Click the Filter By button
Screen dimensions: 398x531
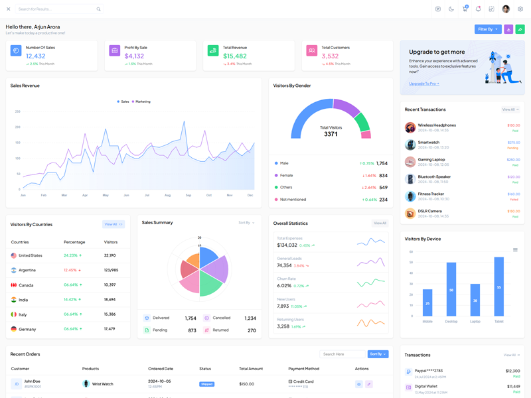488,29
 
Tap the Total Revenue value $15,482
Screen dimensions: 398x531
235,56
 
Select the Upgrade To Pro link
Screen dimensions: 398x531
424,84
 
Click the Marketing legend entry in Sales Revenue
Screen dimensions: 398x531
141,101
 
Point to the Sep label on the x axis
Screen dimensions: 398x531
189,195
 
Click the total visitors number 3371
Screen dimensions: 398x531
331,134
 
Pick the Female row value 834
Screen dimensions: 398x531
383,176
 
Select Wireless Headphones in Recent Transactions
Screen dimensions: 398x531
437,125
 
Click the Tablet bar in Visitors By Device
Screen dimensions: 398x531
498,287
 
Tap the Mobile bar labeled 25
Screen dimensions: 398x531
427,302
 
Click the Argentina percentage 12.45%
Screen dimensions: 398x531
70,270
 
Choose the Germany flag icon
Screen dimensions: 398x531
14,329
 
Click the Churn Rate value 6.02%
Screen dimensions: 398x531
284,286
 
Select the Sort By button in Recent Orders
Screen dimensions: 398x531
378,354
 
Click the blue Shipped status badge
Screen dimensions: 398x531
207,384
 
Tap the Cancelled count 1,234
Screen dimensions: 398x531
250,318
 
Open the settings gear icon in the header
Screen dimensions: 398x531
520,9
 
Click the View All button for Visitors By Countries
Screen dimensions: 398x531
113,224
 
